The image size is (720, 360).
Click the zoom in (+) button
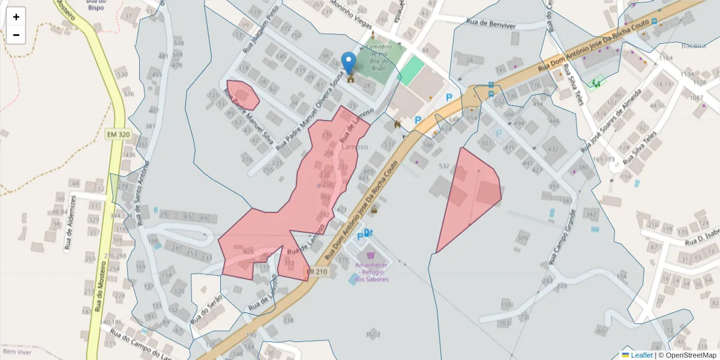16,17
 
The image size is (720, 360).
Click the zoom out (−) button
16,35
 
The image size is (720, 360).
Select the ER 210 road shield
317,272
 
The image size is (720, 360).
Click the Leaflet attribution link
641,355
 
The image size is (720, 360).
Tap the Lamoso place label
355,146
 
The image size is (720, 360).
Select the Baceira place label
694,46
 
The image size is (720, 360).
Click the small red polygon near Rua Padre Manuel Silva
243,95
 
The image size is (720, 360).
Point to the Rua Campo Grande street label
562,237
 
